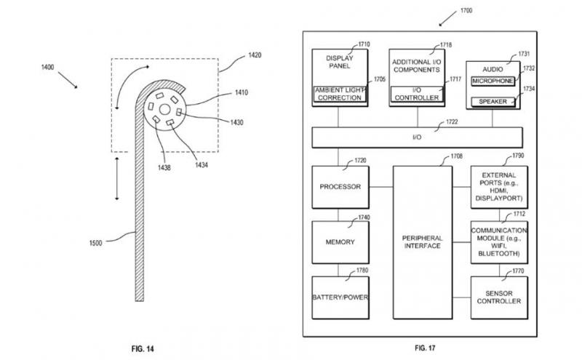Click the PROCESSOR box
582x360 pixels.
[340, 187]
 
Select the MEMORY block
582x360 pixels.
[340, 242]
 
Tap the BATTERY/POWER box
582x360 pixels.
[340, 297]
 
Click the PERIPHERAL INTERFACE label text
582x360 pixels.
[423, 242]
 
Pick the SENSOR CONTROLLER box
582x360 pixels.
[499, 297]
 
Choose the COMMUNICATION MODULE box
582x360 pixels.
[499, 242]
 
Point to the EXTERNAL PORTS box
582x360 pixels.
[499, 187]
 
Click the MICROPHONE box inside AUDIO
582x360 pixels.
[493, 81]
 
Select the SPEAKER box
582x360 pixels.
[493, 102]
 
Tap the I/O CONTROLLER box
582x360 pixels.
[417, 95]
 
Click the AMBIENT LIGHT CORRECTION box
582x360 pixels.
[340, 95]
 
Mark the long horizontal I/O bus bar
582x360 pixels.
[417, 137]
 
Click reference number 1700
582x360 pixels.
[466, 10]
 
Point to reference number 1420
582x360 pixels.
[255, 55]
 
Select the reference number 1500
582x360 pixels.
[95, 243]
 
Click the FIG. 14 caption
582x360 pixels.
[143, 349]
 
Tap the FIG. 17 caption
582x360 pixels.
[425, 348]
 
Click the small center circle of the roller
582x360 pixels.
[165, 110]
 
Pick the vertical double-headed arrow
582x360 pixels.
[117, 178]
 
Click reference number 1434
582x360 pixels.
[202, 165]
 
